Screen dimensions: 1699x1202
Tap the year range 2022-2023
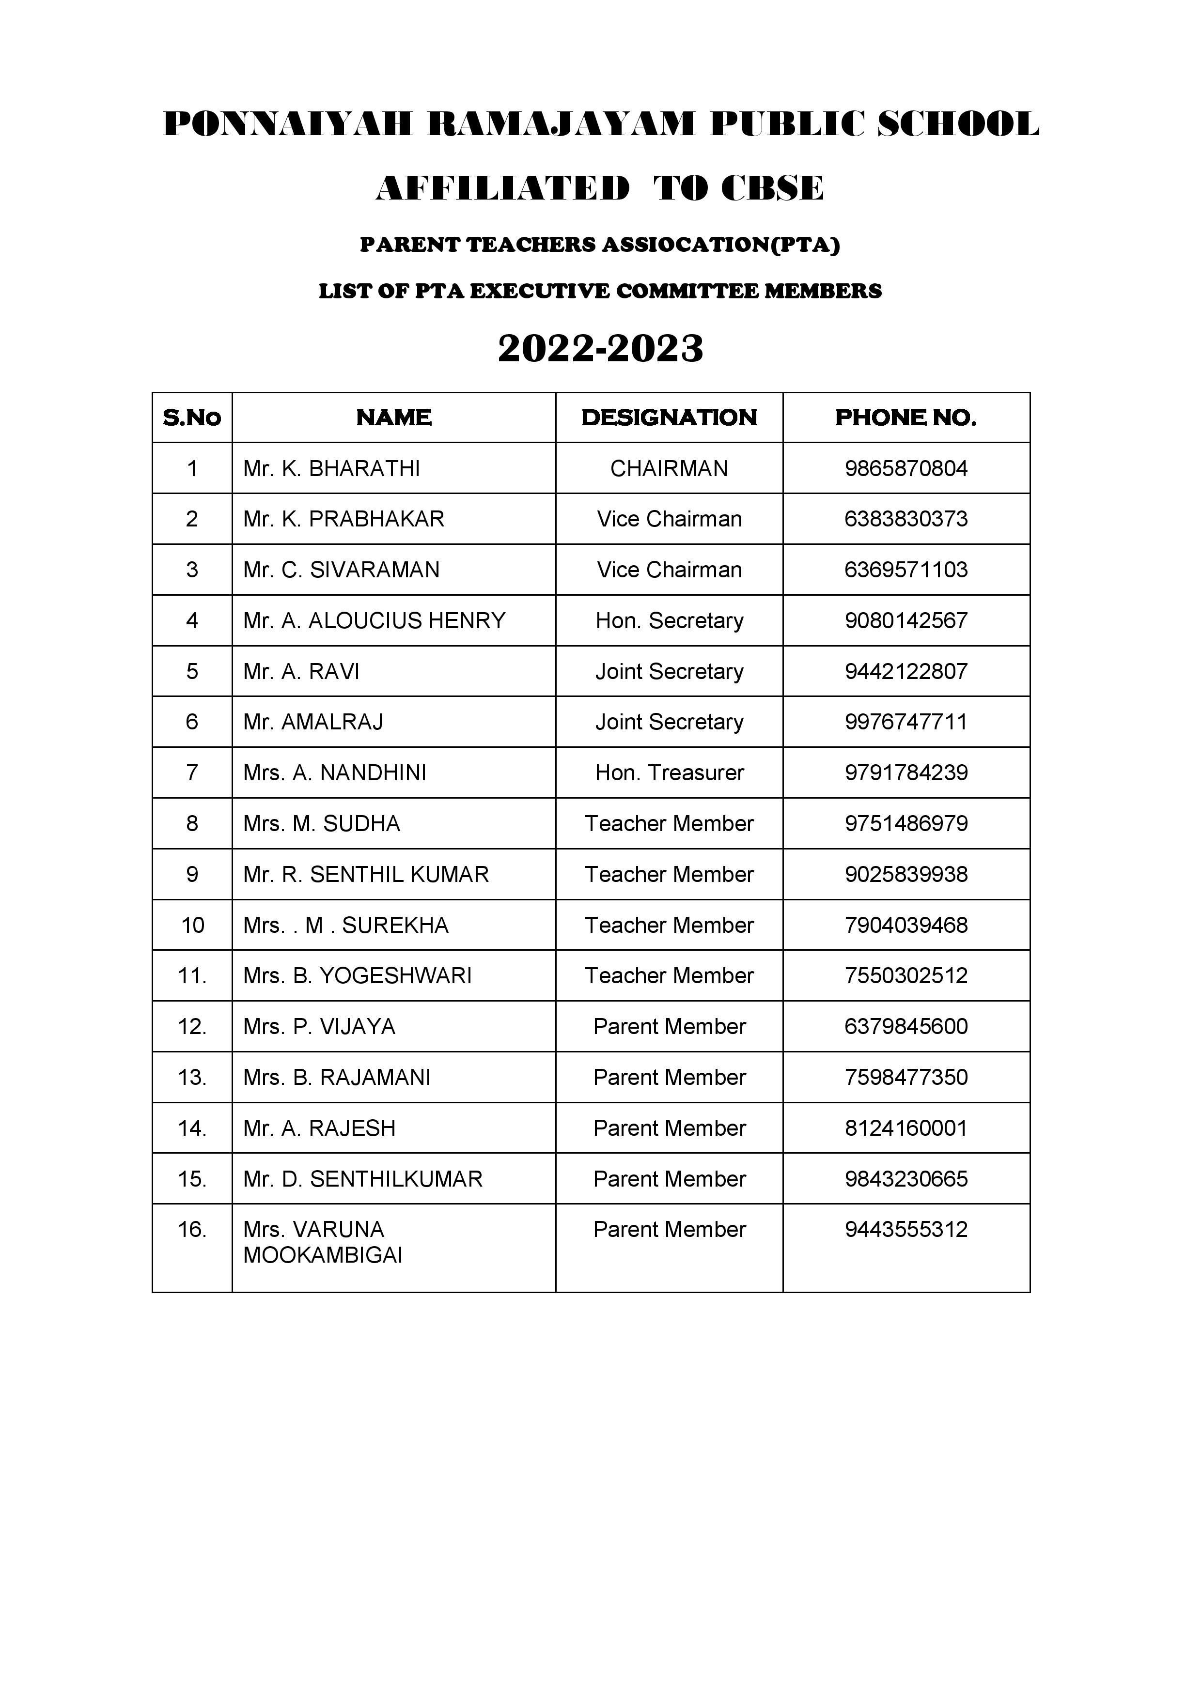click(600, 349)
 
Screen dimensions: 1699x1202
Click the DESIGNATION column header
click(669, 418)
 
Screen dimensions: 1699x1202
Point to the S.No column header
click(192, 418)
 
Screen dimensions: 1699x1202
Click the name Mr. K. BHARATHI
click(331, 468)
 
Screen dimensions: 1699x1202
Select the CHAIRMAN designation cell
click(669, 468)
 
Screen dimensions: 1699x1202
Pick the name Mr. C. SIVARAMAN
click(341, 570)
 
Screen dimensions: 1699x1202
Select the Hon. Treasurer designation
click(669, 772)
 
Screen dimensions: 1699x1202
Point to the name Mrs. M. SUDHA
click(321, 824)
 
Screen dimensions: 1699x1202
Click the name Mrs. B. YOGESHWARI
click(358, 975)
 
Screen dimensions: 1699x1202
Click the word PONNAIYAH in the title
click(286, 124)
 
